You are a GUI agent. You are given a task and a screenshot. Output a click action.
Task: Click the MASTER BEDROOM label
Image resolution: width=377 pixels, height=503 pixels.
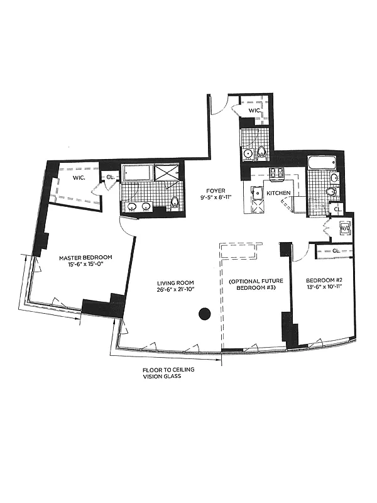click(x=85, y=258)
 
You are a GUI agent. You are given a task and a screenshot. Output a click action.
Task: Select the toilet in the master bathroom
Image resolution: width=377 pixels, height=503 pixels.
click(x=175, y=202)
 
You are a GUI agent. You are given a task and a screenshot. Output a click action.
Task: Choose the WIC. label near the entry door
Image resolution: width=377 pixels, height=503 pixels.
click(x=254, y=111)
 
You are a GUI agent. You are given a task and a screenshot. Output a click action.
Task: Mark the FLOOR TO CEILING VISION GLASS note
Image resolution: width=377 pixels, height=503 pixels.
click(x=168, y=373)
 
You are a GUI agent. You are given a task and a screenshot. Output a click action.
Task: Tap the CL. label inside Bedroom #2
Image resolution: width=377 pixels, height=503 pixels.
click(x=336, y=251)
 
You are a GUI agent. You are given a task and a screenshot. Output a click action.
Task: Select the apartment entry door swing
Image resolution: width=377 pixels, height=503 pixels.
click(x=217, y=106)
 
